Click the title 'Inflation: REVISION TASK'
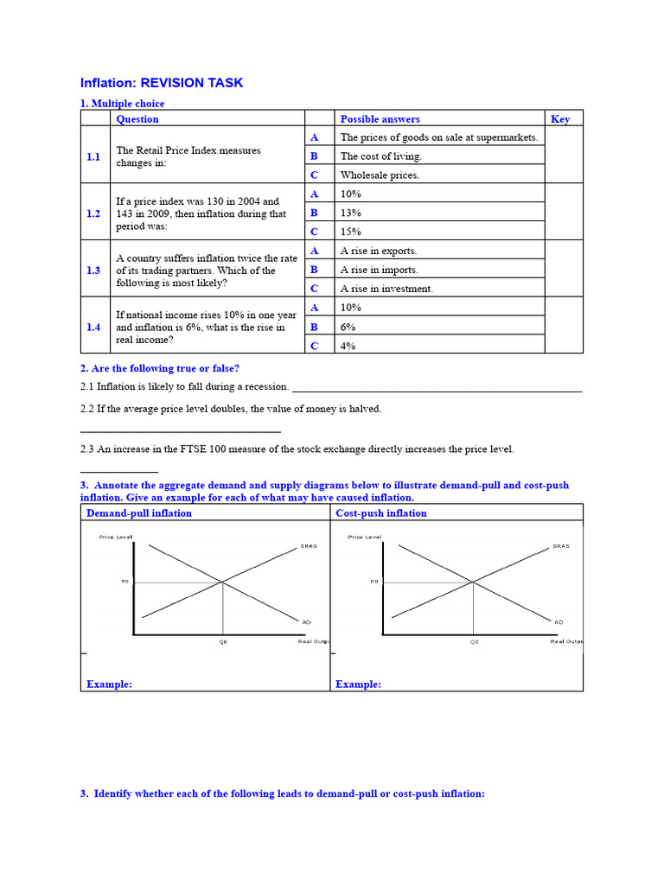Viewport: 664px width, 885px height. (162, 83)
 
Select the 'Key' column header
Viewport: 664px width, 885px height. (560, 119)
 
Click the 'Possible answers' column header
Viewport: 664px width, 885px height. (380, 119)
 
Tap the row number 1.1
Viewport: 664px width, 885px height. (93, 156)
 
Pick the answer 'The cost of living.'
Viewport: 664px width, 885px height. (381, 156)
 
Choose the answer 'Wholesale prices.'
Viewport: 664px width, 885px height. (380, 175)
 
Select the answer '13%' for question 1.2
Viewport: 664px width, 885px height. (351, 213)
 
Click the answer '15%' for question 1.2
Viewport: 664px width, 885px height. (351, 232)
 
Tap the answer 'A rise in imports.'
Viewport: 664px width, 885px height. (379, 270)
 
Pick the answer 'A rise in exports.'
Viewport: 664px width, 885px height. (379, 251)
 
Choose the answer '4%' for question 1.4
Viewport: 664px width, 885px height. (348, 346)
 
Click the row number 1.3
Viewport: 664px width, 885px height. (93, 271)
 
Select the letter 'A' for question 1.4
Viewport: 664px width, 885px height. (315, 308)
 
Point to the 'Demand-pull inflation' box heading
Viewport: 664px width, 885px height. (139, 513)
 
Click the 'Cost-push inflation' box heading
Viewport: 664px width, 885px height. (381, 513)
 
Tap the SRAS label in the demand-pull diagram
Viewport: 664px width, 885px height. (309, 546)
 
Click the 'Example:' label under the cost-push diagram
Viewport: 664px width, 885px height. (358, 684)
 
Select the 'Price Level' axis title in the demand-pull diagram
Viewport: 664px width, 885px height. (116, 537)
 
